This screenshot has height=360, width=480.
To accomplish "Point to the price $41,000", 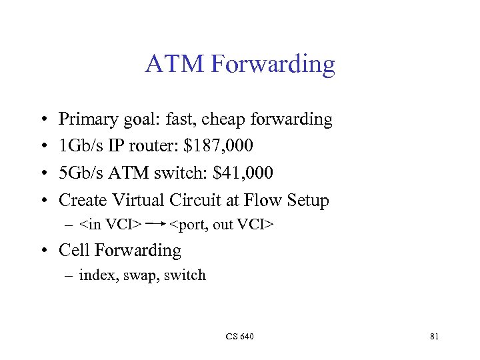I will coord(243,173).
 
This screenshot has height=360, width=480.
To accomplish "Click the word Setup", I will coord(307,200).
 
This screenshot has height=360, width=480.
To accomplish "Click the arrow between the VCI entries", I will coord(155,225).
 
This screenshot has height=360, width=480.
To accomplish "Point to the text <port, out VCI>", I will coord(221,225).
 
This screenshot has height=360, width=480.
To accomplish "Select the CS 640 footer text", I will coord(239,337).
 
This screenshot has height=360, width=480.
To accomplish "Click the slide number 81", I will coord(434,337).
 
